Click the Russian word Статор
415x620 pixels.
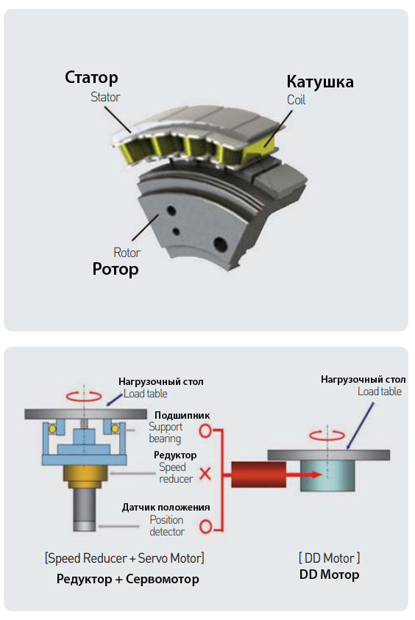[x=91, y=77]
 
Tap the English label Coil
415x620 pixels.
[x=297, y=100]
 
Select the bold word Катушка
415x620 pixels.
[x=320, y=82]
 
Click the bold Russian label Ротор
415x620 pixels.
[x=116, y=270]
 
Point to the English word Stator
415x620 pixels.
[x=105, y=97]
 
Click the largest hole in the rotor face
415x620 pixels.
[x=220, y=245]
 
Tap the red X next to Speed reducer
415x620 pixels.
[x=205, y=473]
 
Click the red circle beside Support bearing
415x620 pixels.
[x=205, y=430]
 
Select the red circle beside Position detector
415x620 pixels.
[x=206, y=527]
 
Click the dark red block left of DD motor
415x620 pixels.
[x=258, y=475]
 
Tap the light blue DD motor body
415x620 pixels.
[x=327, y=476]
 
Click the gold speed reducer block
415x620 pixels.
[x=85, y=477]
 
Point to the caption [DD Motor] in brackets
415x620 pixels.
[x=329, y=558]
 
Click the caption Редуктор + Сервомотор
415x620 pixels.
[x=127, y=579]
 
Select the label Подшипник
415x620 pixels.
[x=182, y=415]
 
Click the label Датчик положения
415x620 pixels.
[x=166, y=508]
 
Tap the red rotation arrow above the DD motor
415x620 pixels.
[x=327, y=435]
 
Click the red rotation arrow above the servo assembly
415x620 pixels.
[x=84, y=396]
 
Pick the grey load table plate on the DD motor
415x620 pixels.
[x=329, y=455]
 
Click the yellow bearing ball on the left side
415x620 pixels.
[x=52, y=428]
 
